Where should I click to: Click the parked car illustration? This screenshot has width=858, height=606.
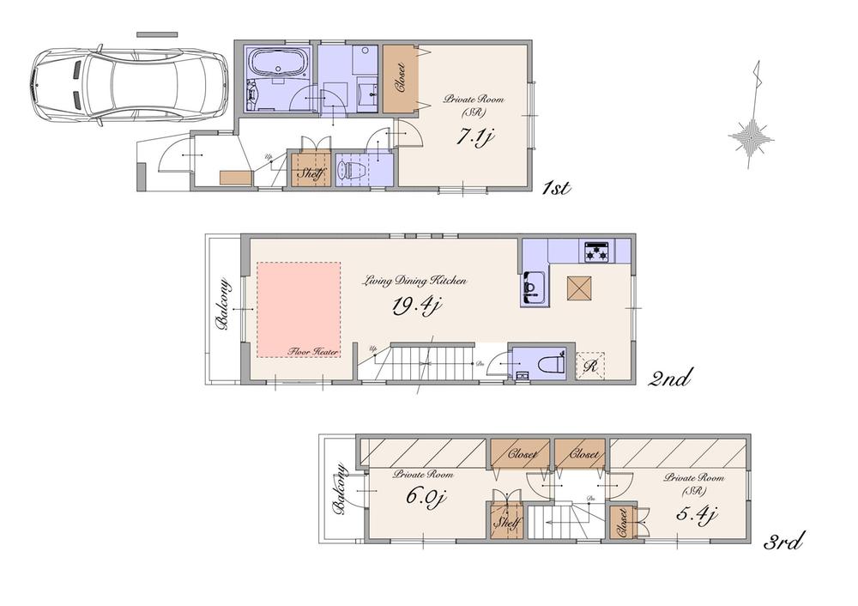[126, 84]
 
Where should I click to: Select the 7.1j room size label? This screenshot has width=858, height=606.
[474, 136]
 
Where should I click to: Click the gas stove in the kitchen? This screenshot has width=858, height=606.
[597, 251]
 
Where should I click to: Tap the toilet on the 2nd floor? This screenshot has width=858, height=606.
[547, 364]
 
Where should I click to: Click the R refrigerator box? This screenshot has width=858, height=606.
[590, 365]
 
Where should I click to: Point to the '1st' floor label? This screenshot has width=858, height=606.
[557, 189]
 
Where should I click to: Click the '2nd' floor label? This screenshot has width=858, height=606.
[668, 377]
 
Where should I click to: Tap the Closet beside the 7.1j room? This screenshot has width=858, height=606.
[399, 77]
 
